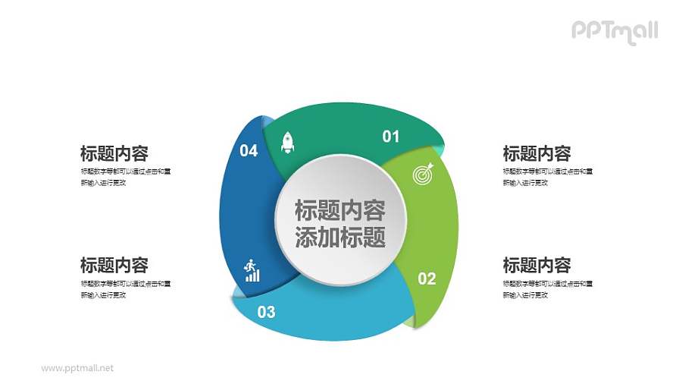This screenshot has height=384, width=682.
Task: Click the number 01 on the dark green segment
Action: (x=390, y=137)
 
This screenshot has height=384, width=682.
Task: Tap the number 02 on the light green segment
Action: (x=427, y=279)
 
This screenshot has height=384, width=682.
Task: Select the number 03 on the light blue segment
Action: (x=266, y=311)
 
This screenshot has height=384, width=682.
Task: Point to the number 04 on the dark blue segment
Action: (x=249, y=151)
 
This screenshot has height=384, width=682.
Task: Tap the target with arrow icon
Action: (x=422, y=174)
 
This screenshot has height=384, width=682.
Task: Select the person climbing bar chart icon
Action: (x=252, y=270)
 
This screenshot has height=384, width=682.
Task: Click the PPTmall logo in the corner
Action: (x=614, y=30)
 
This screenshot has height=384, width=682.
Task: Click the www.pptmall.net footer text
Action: (x=77, y=368)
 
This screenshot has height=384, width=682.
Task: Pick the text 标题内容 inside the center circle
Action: (x=339, y=210)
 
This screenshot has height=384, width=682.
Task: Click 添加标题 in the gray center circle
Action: (x=339, y=238)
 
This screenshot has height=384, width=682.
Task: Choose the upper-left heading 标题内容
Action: (x=114, y=153)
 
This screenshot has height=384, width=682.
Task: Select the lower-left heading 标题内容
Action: (x=114, y=265)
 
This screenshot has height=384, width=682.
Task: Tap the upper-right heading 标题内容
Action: (x=537, y=153)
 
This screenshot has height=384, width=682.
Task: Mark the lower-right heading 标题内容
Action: (x=537, y=265)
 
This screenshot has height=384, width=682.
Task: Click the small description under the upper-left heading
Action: (x=125, y=177)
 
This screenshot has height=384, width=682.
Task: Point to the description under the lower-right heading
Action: (x=547, y=288)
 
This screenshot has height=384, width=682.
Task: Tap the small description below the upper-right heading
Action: (x=547, y=177)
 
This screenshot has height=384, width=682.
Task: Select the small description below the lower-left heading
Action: (x=125, y=288)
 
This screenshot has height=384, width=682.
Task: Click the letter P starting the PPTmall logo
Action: (x=578, y=30)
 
